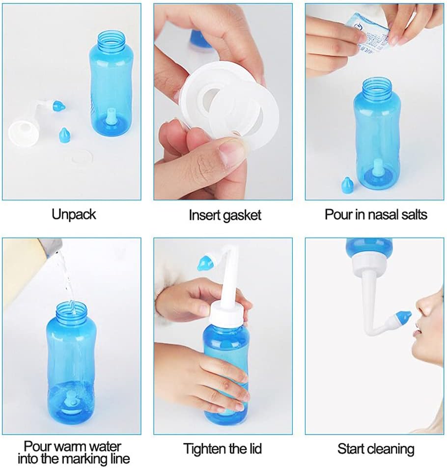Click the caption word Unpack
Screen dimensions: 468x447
(74, 215)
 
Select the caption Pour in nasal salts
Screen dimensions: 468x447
(376, 215)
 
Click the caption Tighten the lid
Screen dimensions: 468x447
(223, 448)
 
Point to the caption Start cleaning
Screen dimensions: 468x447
(376, 448)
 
